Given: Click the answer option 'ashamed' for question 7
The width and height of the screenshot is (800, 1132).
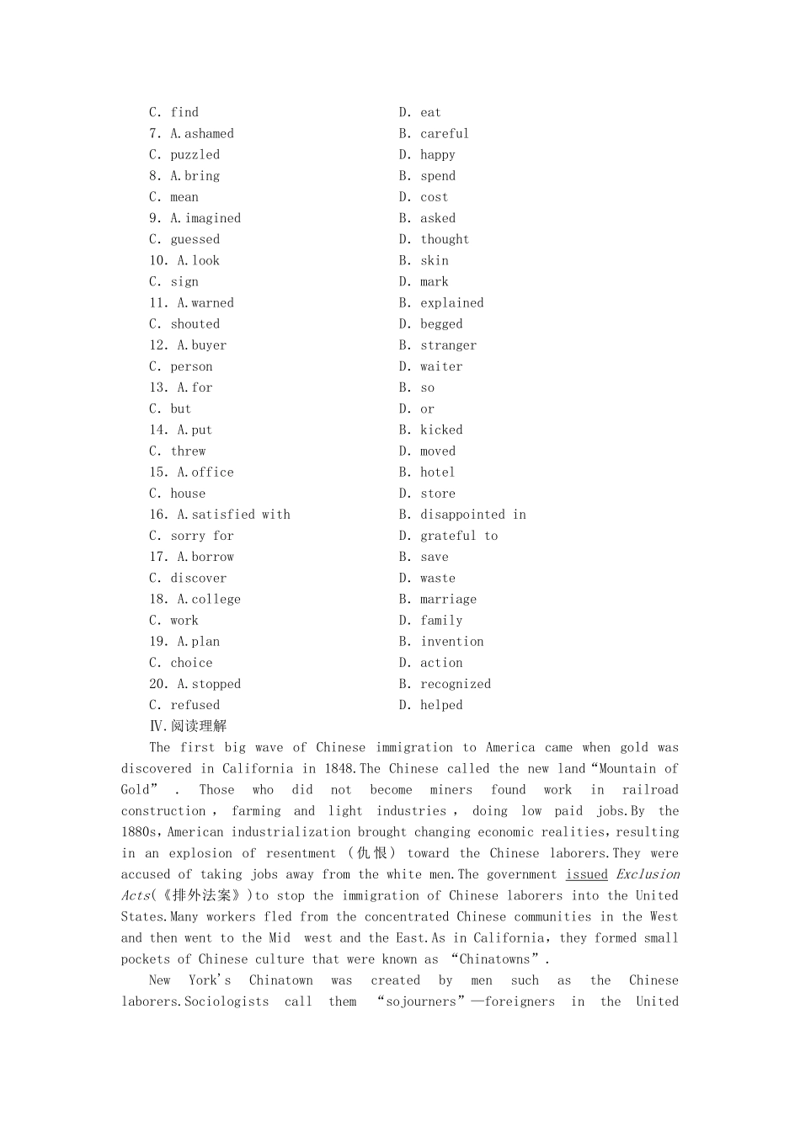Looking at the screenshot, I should [209, 134].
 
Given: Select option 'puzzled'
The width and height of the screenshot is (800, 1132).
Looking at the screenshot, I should [195, 155].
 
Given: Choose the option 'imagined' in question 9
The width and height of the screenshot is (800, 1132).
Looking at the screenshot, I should [212, 218].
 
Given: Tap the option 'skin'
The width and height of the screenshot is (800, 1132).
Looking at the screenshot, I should [435, 261].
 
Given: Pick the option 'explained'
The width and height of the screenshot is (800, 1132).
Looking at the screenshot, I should [451, 303].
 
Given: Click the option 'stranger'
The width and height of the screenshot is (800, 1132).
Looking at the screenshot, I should [448, 345].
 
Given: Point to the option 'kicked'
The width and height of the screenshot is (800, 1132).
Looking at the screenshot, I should [441, 430].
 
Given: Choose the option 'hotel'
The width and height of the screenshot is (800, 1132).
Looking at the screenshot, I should [437, 473].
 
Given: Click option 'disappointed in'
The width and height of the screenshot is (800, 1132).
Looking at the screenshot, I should [472, 515].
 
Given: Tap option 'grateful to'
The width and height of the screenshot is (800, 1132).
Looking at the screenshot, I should [459, 536].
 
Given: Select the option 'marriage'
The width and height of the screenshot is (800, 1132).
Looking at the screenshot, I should [448, 600].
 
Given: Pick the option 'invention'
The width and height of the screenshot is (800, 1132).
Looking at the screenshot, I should [451, 642].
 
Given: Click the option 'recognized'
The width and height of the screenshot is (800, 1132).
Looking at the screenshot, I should [455, 684].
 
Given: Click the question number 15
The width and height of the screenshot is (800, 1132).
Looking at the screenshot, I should [158, 473].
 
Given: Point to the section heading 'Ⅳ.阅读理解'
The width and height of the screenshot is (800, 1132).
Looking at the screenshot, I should [188, 726].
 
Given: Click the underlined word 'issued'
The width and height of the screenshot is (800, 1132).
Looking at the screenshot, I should [586, 874].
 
